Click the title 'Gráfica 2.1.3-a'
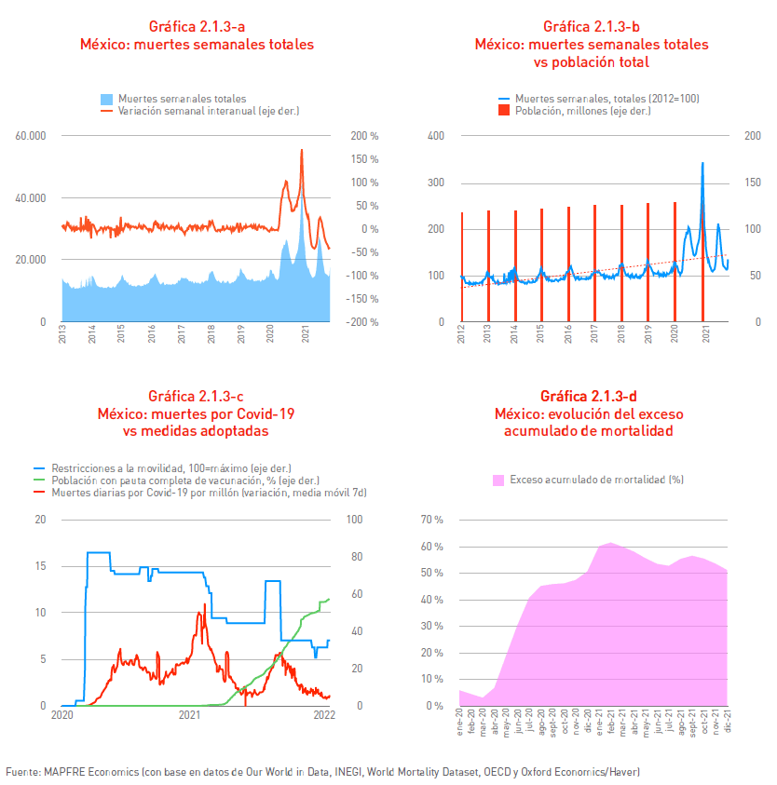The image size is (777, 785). tap(197, 26)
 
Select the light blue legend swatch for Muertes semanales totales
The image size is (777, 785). tap(106, 99)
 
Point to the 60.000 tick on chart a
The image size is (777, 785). tap(31, 136)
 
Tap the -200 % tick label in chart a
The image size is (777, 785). tap(362, 322)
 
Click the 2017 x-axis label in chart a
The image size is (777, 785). tap(182, 334)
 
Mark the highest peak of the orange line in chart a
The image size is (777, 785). tap(302, 150)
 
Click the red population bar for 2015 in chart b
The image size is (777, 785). tap(541, 264)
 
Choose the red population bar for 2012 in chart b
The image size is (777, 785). tap(462, 267)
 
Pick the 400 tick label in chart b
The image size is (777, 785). tap(436, 136)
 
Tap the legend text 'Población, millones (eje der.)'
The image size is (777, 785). tap(583, 111)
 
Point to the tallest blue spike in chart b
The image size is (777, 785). tap(702, 163)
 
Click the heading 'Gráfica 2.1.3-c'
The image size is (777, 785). tap(196, 396)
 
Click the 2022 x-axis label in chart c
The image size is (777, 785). tap(324, 714)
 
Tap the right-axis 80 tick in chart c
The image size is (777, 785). tap(357, 557)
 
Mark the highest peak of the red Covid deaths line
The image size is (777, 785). tap(205, 604)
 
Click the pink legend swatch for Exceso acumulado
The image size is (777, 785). tap(498, 480)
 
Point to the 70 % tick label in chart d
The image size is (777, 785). tap(432, 520)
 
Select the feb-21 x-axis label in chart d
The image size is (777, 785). tap(610, 721)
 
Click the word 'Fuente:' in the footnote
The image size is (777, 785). tap(23, 771)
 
